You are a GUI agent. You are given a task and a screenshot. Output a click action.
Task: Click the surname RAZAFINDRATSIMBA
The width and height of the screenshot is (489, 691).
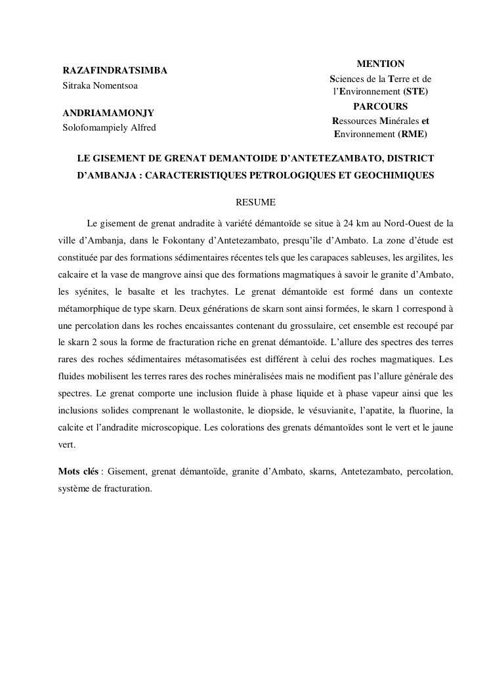(114, 70)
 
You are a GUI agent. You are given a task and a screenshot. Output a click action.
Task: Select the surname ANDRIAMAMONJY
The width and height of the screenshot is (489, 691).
(108, 113)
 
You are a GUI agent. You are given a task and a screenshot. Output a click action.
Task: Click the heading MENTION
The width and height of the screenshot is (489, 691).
(380, 64)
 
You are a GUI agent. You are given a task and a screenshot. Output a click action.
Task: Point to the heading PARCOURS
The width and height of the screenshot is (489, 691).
(380, 106)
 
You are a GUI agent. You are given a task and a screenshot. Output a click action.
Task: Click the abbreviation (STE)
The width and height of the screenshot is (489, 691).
(415, 92)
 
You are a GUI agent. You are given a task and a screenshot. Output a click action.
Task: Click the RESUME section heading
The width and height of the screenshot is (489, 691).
(255, 202)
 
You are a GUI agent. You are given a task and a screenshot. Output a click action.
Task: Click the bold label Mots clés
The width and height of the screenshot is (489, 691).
(78, 471)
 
